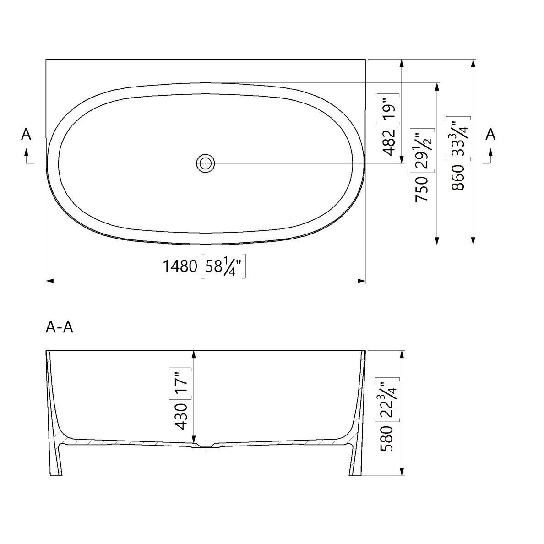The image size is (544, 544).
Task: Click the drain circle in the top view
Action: click(x=206, y=163)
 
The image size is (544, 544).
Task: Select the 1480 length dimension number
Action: click(x=180, y=267)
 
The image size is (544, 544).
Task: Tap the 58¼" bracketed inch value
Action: click(x=223, y=267)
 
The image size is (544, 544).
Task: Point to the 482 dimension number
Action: click(x=389, y=142)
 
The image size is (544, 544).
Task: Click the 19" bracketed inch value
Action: click(x=389, y=109)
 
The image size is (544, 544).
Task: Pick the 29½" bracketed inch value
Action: click(x=422, y=151)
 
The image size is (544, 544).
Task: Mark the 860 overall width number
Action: click(x=458, y=178)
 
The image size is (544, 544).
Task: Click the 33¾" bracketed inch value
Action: click(x=458, y=138)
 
